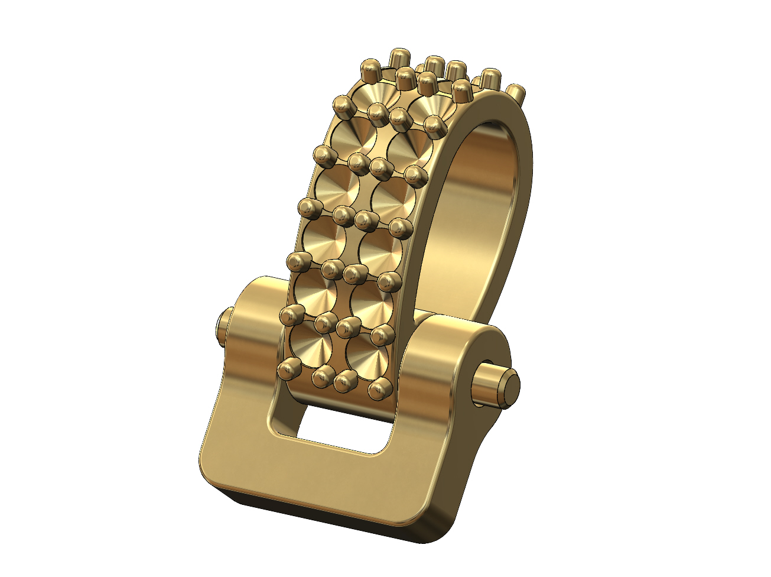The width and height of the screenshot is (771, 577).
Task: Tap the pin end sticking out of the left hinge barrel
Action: pyautogui.click(x=223, y=329)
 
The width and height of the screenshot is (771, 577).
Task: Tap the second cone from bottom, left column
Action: pyautogui.click(x=314, y=290)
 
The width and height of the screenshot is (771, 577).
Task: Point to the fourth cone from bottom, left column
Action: pyautogui.click(x=336, y=188)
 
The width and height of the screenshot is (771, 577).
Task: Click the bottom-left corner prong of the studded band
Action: pyautogui.click(x=288, y=369)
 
